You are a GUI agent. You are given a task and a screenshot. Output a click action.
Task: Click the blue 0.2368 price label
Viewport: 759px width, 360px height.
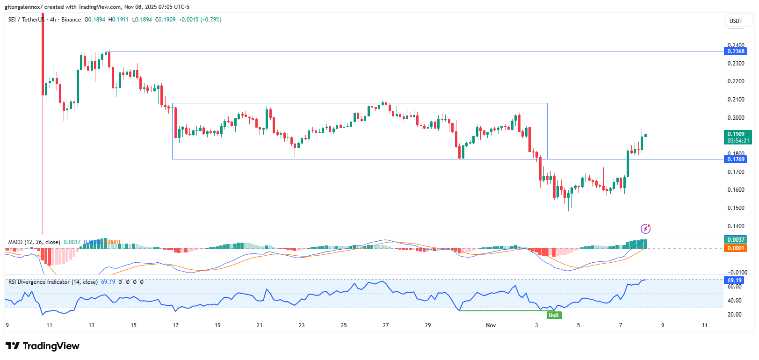[x=736, y=51]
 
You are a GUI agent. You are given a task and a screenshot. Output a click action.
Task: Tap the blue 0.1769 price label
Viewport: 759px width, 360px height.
[x=736, y=159]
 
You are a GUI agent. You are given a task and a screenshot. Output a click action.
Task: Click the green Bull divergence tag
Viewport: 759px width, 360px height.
[x=554, y=315]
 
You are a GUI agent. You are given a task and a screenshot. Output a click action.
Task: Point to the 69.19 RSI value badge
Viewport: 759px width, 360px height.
[x=734, y=281]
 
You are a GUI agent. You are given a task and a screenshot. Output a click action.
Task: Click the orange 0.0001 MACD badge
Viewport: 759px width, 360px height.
[x=736, y=248]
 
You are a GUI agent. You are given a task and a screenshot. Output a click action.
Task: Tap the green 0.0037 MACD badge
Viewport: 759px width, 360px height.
[x=736, y=240]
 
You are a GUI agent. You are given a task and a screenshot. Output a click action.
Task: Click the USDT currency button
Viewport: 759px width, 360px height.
[x=736, y=21]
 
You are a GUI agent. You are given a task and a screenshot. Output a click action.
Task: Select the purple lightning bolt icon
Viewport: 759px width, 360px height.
[x=645, y=229]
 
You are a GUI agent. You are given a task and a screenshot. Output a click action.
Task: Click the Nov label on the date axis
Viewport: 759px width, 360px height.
[x=491, y=325]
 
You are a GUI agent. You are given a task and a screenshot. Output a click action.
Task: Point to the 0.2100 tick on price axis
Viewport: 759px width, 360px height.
[x=736, y=100]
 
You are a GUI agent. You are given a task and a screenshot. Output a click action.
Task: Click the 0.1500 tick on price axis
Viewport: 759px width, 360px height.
[x=736, y=208]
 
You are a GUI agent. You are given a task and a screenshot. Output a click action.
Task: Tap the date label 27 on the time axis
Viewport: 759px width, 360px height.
[x=386, y=325]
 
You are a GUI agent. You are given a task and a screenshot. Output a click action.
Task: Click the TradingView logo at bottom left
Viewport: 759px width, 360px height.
[x=43, y=346]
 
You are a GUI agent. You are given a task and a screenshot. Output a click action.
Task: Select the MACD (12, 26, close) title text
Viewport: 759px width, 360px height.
[x=34, y=242]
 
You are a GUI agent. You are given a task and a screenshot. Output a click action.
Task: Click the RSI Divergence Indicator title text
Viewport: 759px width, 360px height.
[x=53, y=282]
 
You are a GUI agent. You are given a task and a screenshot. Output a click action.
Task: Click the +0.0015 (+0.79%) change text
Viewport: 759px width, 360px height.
[x=200, y=20]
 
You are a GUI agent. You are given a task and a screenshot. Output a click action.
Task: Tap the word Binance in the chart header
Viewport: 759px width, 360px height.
[x=71, y=20]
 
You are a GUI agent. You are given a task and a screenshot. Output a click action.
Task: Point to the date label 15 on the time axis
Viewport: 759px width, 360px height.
[x=133, y=325]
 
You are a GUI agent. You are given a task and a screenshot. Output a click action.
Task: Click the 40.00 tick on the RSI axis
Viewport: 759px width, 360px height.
[x=734, y=301]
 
